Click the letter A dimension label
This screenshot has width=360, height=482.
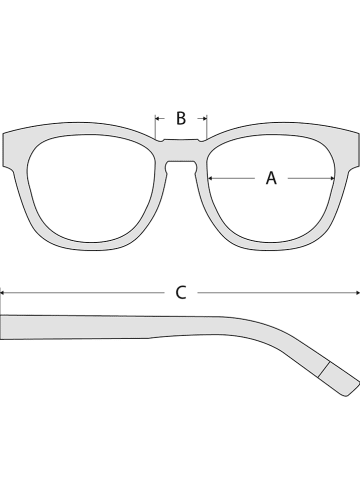[x=271, y=179]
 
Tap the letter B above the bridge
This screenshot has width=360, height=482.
[x=181, y=118]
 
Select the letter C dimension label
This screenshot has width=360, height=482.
[x=181, y=292]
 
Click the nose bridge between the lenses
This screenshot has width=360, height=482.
[x=181, y=151]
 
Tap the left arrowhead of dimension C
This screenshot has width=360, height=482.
[x=3, y=292]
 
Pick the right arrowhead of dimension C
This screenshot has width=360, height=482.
[x=357, y=292]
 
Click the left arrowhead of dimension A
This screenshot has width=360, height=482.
[x=209, y=179]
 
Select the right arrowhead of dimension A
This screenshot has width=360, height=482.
[x=332, y=179]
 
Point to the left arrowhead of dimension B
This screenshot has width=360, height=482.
[x=158, y=119]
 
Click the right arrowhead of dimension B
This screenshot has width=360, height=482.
[x=203, y=119]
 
